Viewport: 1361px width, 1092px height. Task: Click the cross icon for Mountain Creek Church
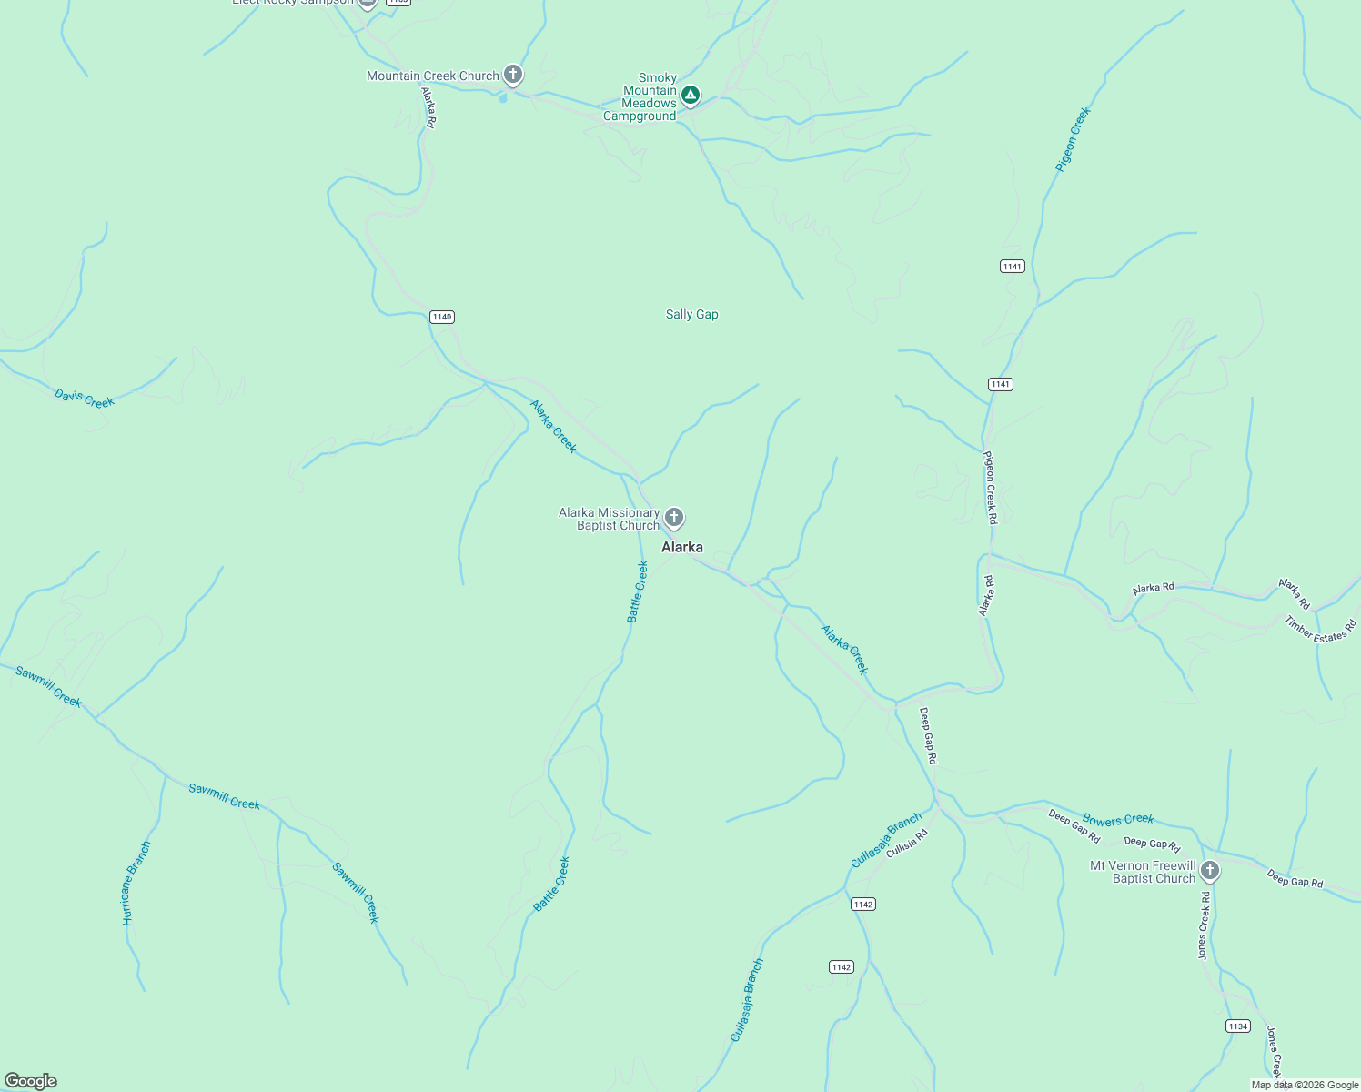513,75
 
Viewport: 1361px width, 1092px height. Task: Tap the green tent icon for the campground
691,95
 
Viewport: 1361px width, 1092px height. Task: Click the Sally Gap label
691,315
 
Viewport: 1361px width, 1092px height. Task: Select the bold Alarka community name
681,547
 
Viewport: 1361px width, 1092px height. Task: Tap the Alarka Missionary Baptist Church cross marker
673,518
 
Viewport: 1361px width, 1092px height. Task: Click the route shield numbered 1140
442,317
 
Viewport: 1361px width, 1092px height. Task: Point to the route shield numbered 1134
1237,1026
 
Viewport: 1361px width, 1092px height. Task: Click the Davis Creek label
85,399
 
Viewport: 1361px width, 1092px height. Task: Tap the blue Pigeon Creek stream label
1073,139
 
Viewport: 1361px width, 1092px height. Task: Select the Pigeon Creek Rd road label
991,488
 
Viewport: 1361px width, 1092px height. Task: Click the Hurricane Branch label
136,884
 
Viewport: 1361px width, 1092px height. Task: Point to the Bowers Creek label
1118,820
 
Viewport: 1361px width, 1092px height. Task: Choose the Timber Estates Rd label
1321,630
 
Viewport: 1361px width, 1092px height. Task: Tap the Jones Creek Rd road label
1204,925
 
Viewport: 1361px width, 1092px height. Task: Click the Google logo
30,1080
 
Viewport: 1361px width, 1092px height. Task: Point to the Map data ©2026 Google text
1305,1085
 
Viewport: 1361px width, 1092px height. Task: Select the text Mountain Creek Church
433,76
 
